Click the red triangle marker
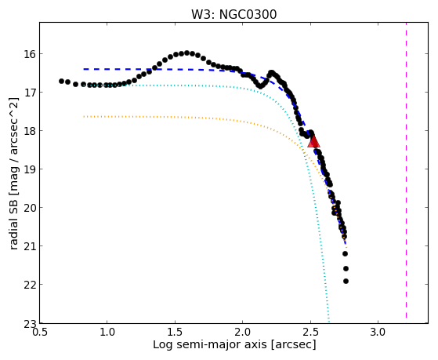point(313,141)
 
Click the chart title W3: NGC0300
point(233,15)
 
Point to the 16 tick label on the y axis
point(29,53)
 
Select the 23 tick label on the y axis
point(29,324)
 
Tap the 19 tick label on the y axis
point(29,169)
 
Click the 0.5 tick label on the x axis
point(39,333)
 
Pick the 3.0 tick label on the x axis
point(378,333)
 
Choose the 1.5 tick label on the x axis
point(175,333)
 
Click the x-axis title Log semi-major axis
point(209,344)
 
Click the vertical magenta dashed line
point(406,170)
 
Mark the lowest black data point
point(346,281)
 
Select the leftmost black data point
point(61,81)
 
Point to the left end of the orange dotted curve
point(84,116)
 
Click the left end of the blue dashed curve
point(84,69)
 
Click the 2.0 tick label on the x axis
point(242,333)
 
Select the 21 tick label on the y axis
point(29,245)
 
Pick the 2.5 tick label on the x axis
point(310,333)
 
